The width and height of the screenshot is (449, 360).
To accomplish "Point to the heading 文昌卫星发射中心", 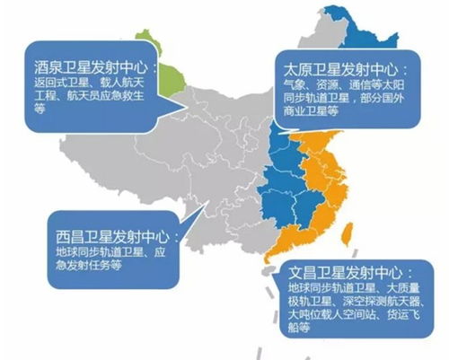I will [354, 271].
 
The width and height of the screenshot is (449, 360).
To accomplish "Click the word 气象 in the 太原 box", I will [295, 85].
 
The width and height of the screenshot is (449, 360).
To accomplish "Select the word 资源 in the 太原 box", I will [326, 85].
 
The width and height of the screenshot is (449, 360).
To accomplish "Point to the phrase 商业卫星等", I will [310, 114].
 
